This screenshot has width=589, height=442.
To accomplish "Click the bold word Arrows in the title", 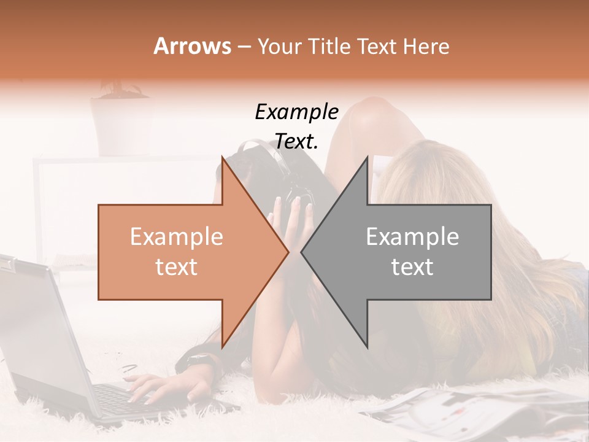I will [x=192, y=46].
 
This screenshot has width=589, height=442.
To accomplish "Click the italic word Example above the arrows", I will [x=296, y=112].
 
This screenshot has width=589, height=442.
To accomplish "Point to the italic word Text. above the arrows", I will [x=296, y=141].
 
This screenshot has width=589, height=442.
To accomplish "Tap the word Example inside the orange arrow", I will [x=176, y=237].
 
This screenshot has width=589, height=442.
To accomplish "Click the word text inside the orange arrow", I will [x=176, y=267].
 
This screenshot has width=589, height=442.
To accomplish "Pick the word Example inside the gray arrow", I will [x=412, y=237].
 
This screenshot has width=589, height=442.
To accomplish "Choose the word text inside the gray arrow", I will [x=412, y=267].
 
